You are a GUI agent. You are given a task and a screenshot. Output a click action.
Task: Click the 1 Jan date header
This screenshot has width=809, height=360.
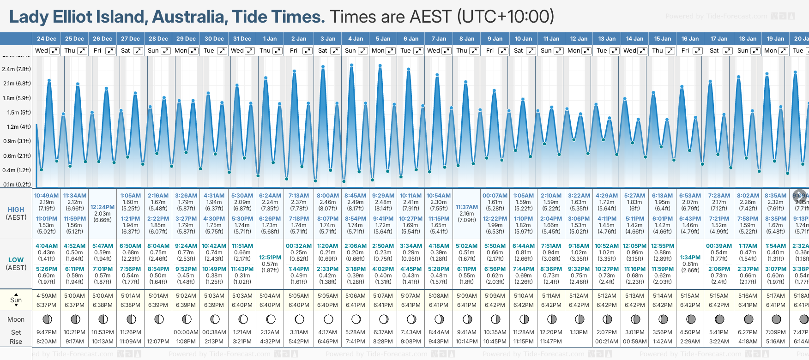[270, 39]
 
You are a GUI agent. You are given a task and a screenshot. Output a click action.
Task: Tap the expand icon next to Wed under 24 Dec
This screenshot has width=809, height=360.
[54, 51]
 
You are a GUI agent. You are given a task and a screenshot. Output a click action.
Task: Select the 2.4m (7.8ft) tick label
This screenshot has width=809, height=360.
[16, 69]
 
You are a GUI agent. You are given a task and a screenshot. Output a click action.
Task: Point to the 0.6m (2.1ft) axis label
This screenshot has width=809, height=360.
[16, 156]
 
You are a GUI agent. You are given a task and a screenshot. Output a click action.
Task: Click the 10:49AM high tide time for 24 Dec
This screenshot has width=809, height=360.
[46, 196]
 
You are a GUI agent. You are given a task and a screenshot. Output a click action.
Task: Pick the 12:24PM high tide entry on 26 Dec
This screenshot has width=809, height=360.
[103, 207]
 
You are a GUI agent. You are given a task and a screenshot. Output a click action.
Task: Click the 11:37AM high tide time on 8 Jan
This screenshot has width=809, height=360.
[466, 207]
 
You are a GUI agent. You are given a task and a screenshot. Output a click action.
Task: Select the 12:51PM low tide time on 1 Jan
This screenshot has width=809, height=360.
[270, 258]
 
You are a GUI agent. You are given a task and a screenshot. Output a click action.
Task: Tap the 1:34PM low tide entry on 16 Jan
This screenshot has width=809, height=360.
[690, 258]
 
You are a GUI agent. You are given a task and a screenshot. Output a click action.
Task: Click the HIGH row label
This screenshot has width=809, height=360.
[16, 210]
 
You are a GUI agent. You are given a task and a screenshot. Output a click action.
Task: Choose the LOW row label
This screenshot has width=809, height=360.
[16, 260]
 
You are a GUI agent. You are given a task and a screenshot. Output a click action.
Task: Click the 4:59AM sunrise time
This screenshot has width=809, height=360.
[46, 296]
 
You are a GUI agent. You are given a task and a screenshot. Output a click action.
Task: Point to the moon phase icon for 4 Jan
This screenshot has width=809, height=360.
[356, 319]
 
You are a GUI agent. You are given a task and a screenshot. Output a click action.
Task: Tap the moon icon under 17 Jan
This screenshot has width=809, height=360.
[719, 319]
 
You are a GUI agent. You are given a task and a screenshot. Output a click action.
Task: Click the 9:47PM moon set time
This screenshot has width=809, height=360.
[46, 332]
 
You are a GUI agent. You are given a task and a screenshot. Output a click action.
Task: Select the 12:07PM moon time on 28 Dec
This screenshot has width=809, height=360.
[158, 342]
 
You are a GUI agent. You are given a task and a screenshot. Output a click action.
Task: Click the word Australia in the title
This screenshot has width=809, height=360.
[189, 17]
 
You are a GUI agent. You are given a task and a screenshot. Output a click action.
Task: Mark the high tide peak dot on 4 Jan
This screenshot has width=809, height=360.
[352, 65]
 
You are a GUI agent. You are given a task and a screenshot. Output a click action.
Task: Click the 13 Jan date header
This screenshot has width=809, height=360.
[607, 39]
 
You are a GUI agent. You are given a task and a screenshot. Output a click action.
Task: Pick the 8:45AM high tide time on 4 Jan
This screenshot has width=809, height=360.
[355, 196]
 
